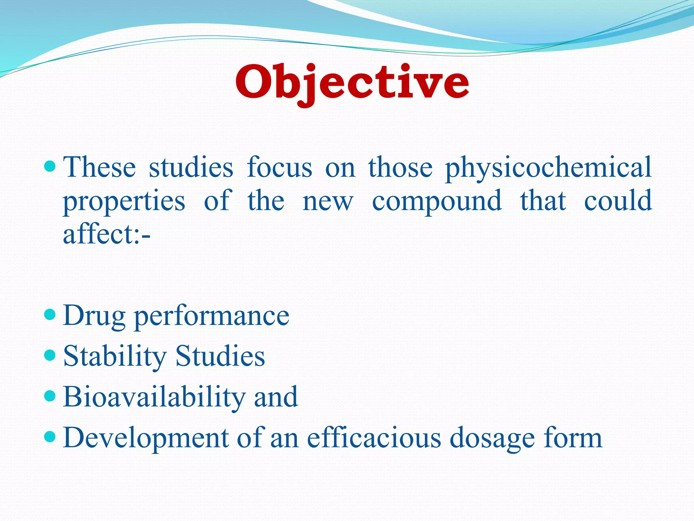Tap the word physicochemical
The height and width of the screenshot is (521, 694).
[548, 168]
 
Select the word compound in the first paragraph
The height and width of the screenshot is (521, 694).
[437, 201]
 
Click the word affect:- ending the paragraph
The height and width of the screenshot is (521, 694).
[107, 234]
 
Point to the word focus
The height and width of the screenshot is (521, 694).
[279, 167]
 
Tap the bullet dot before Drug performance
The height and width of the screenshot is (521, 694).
[50, 315]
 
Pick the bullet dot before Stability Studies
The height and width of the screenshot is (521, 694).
[50, 355]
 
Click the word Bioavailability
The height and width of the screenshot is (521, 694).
[154, 397]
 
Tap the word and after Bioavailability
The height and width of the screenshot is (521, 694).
[276, 397]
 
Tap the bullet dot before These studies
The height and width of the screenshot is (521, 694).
[50, 166]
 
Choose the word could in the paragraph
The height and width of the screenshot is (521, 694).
[618, 201]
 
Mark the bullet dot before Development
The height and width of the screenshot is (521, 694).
[50, 437]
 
